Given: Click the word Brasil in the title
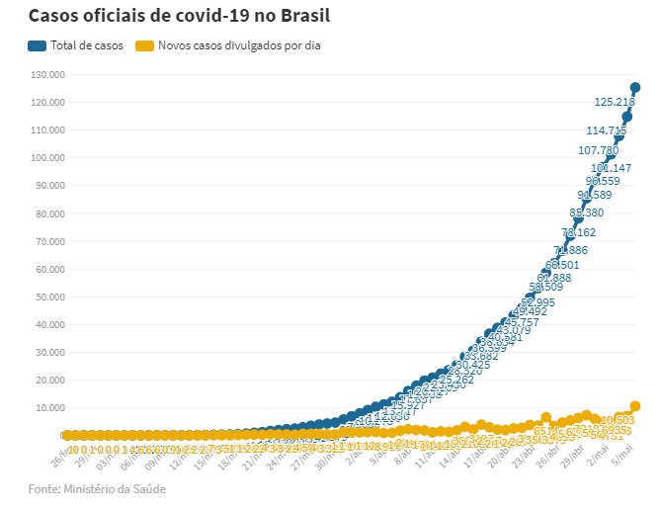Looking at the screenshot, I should tap(304, 16).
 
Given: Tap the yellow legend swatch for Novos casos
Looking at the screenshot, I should tap(145, 45).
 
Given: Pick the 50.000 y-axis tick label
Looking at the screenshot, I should tap(48, 297).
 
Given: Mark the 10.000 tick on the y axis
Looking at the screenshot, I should tap(48, 407).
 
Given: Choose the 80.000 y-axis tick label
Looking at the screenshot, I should tap(48, 212).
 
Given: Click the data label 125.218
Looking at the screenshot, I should tap(614, 102).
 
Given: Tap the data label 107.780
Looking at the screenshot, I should tap(598, 150).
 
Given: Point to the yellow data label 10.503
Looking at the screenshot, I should tap(618, 421).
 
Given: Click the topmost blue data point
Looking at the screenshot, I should tap(635, 88).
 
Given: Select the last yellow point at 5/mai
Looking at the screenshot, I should tap(635, 406).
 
